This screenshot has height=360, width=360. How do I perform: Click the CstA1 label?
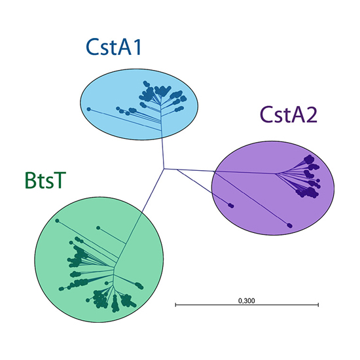(113, 46)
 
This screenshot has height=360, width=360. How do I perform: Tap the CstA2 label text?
(289, 115)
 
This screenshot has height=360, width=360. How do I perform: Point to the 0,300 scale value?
(247, 300)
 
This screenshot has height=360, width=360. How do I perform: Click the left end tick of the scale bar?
(175, 304)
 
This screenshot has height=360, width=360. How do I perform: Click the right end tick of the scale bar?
(318, 304)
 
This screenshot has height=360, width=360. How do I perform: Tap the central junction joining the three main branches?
(164, 169)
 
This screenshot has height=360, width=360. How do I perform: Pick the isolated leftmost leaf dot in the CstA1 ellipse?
(89, 109)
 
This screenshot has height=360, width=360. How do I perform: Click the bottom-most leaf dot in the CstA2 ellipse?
(290, 225)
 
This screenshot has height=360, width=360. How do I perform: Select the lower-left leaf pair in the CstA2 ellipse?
(231, 206)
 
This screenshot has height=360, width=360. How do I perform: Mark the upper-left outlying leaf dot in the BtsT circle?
(57, 221)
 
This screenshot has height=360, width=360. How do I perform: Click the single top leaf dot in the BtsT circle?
(98, 228)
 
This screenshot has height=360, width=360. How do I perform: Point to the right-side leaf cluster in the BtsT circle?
(139, 285)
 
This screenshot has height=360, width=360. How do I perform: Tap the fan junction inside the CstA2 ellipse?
(276, 173)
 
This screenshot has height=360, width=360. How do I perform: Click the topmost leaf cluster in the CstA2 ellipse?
(309, 158)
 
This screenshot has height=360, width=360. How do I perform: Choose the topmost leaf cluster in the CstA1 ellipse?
(146, 84)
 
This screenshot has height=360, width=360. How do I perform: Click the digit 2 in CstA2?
(311, 115)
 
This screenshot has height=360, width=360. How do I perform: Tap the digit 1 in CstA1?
(137, 47)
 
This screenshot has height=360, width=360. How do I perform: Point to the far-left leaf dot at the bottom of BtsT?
(61, 289)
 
